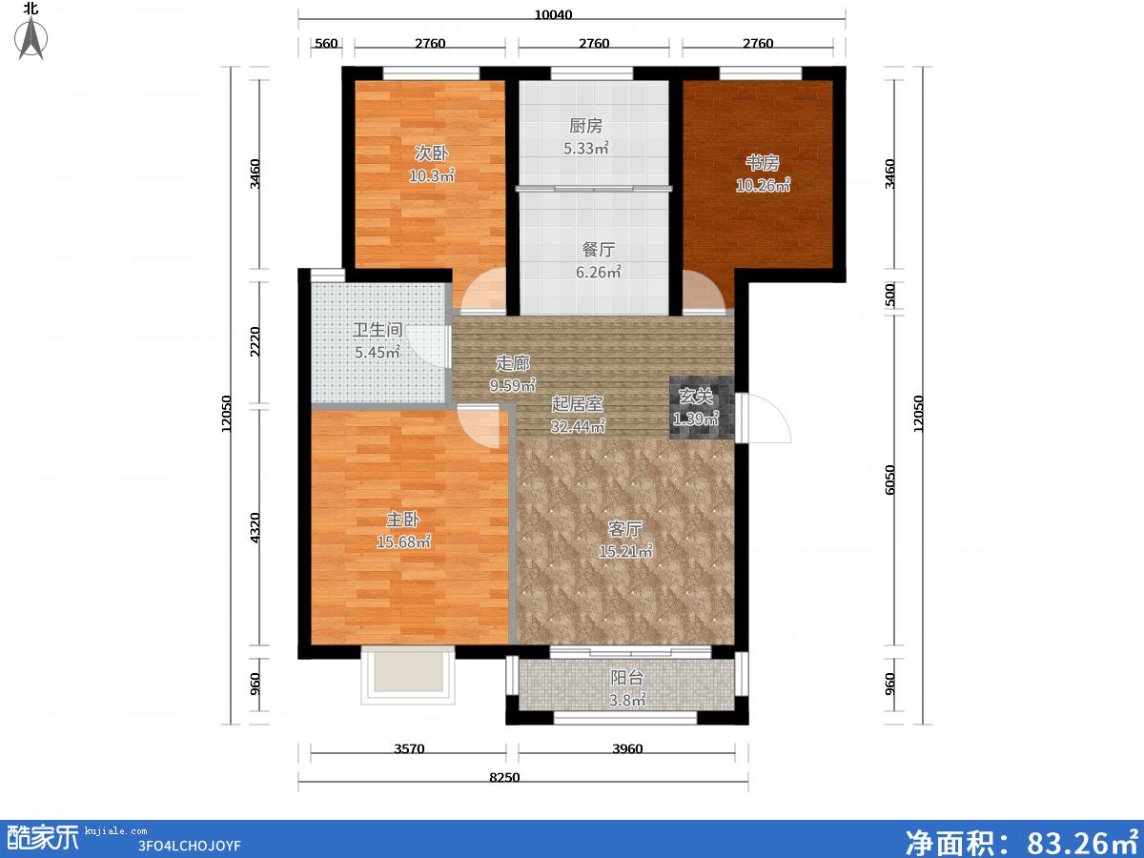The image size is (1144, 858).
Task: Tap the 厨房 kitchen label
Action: pos(585,126)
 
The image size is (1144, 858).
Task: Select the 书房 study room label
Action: pos(762,163)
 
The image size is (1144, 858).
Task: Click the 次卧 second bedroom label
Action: pos(431,153)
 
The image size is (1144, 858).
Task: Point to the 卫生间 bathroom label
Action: pos(378,330)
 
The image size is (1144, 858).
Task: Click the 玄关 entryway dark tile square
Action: pos(702,407)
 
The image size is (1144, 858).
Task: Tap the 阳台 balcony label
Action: pos(627,678)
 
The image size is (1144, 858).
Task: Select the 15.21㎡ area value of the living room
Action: pos(625,551)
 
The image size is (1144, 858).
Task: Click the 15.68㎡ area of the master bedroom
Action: pos(403,541)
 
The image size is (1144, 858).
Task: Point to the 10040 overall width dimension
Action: pos(554,14)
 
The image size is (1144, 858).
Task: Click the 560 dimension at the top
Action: pos(326,43)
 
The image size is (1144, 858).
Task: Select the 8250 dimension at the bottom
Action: pos(504,777)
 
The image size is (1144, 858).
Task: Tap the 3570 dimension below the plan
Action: pos(409,748)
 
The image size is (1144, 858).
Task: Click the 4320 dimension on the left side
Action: pos(255,528)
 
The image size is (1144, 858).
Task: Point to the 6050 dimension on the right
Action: pos(889,480)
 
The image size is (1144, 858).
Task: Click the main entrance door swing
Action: pos(763,419)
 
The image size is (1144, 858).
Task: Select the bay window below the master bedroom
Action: pos(408,675)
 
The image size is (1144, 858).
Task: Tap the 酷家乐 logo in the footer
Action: pos(43,838)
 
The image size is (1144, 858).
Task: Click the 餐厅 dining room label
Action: pos(598,250)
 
